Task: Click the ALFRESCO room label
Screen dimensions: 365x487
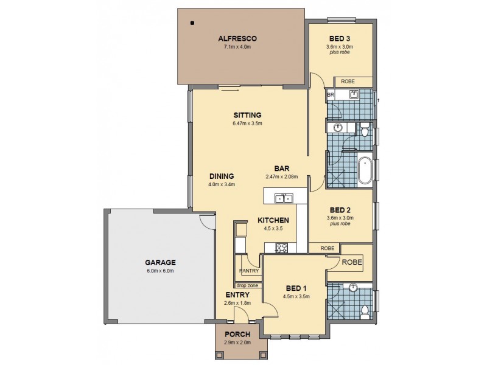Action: click(x=241, y=39)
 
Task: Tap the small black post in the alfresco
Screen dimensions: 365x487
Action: click(x=192, y=24)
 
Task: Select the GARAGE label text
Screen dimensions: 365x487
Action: click(x=160, y=263)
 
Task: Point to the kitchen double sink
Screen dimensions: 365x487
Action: click(x=283, y=198)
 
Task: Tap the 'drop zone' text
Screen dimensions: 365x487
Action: click(x=247, y=285)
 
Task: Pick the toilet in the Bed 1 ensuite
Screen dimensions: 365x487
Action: click(x=364, y=311)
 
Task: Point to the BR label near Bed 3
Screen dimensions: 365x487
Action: click(x=331, y=96)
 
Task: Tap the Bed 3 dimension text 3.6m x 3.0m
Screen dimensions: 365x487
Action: click(x=340, y=46)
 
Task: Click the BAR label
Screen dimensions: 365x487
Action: click(x=281, y=169)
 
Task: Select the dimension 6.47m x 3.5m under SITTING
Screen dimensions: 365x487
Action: click(x=247, y=124)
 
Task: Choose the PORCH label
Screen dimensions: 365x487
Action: click(x=237, y=335)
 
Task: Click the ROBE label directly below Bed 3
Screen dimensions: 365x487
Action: click(x=348, y=82)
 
